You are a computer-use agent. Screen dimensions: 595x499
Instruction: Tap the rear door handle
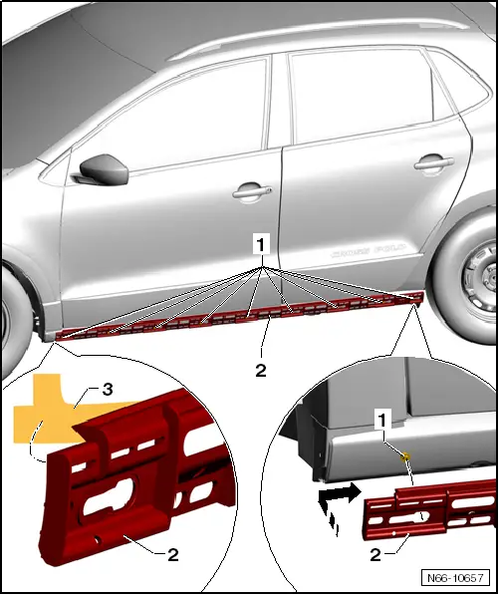tap(430, 161)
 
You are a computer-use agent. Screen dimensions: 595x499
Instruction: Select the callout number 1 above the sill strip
tap(261, 242)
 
